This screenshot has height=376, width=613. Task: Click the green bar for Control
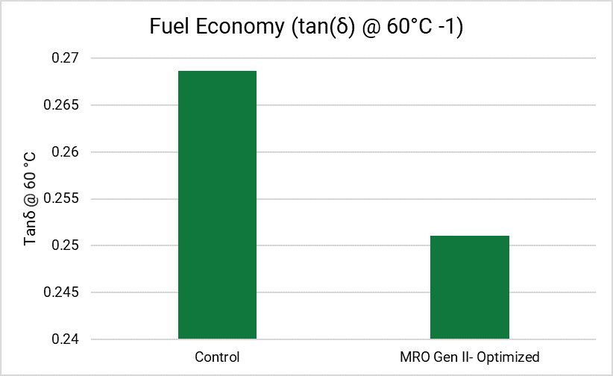point(217,204)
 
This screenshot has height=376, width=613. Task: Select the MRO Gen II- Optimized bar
point(470,287)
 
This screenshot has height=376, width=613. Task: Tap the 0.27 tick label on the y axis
point(65,58)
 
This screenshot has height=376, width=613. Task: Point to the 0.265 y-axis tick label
point(61,105)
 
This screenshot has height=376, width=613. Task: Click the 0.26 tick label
point(65,151)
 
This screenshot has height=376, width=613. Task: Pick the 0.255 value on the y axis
point(61,198)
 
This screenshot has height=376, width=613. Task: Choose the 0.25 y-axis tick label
point(65,245)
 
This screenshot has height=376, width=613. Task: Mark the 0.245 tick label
point(61,292)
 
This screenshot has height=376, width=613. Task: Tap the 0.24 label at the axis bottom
point(65,339)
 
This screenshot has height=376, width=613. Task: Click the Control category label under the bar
point(217,357)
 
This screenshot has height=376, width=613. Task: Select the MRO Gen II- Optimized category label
point(470,357)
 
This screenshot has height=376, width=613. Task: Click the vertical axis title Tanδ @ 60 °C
point(30,198)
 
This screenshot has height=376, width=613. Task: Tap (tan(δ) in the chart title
point(322,28)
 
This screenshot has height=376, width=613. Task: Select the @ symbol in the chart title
point(371,28)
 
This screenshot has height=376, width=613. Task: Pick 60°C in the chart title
point(409,27)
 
